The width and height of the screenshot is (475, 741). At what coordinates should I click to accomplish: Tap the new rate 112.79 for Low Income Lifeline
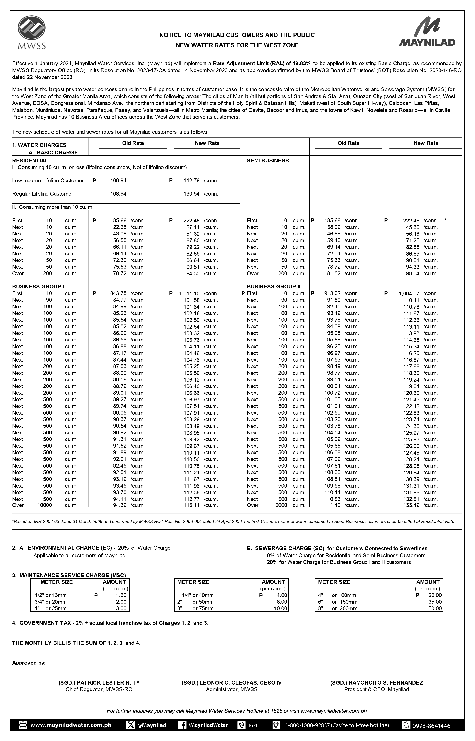pyautogui.click(x=191, y=181)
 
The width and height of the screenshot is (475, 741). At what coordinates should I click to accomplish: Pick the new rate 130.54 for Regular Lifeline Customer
pyautogui.click(x=191, y=194)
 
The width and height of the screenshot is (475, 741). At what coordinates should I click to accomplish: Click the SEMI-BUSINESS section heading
pyautogui.click(x=268, y=161)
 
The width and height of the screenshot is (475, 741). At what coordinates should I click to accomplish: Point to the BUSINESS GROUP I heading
pyautogui.click(x=38, y=287)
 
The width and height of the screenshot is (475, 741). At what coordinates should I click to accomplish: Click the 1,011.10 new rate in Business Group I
pyautogui.click(x=189, y=293)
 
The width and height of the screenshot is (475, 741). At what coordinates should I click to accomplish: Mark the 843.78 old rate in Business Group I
pyautogui.click(x=118, y=293)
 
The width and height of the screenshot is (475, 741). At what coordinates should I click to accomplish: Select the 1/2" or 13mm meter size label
pyautogui.click(x=51, y=595)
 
